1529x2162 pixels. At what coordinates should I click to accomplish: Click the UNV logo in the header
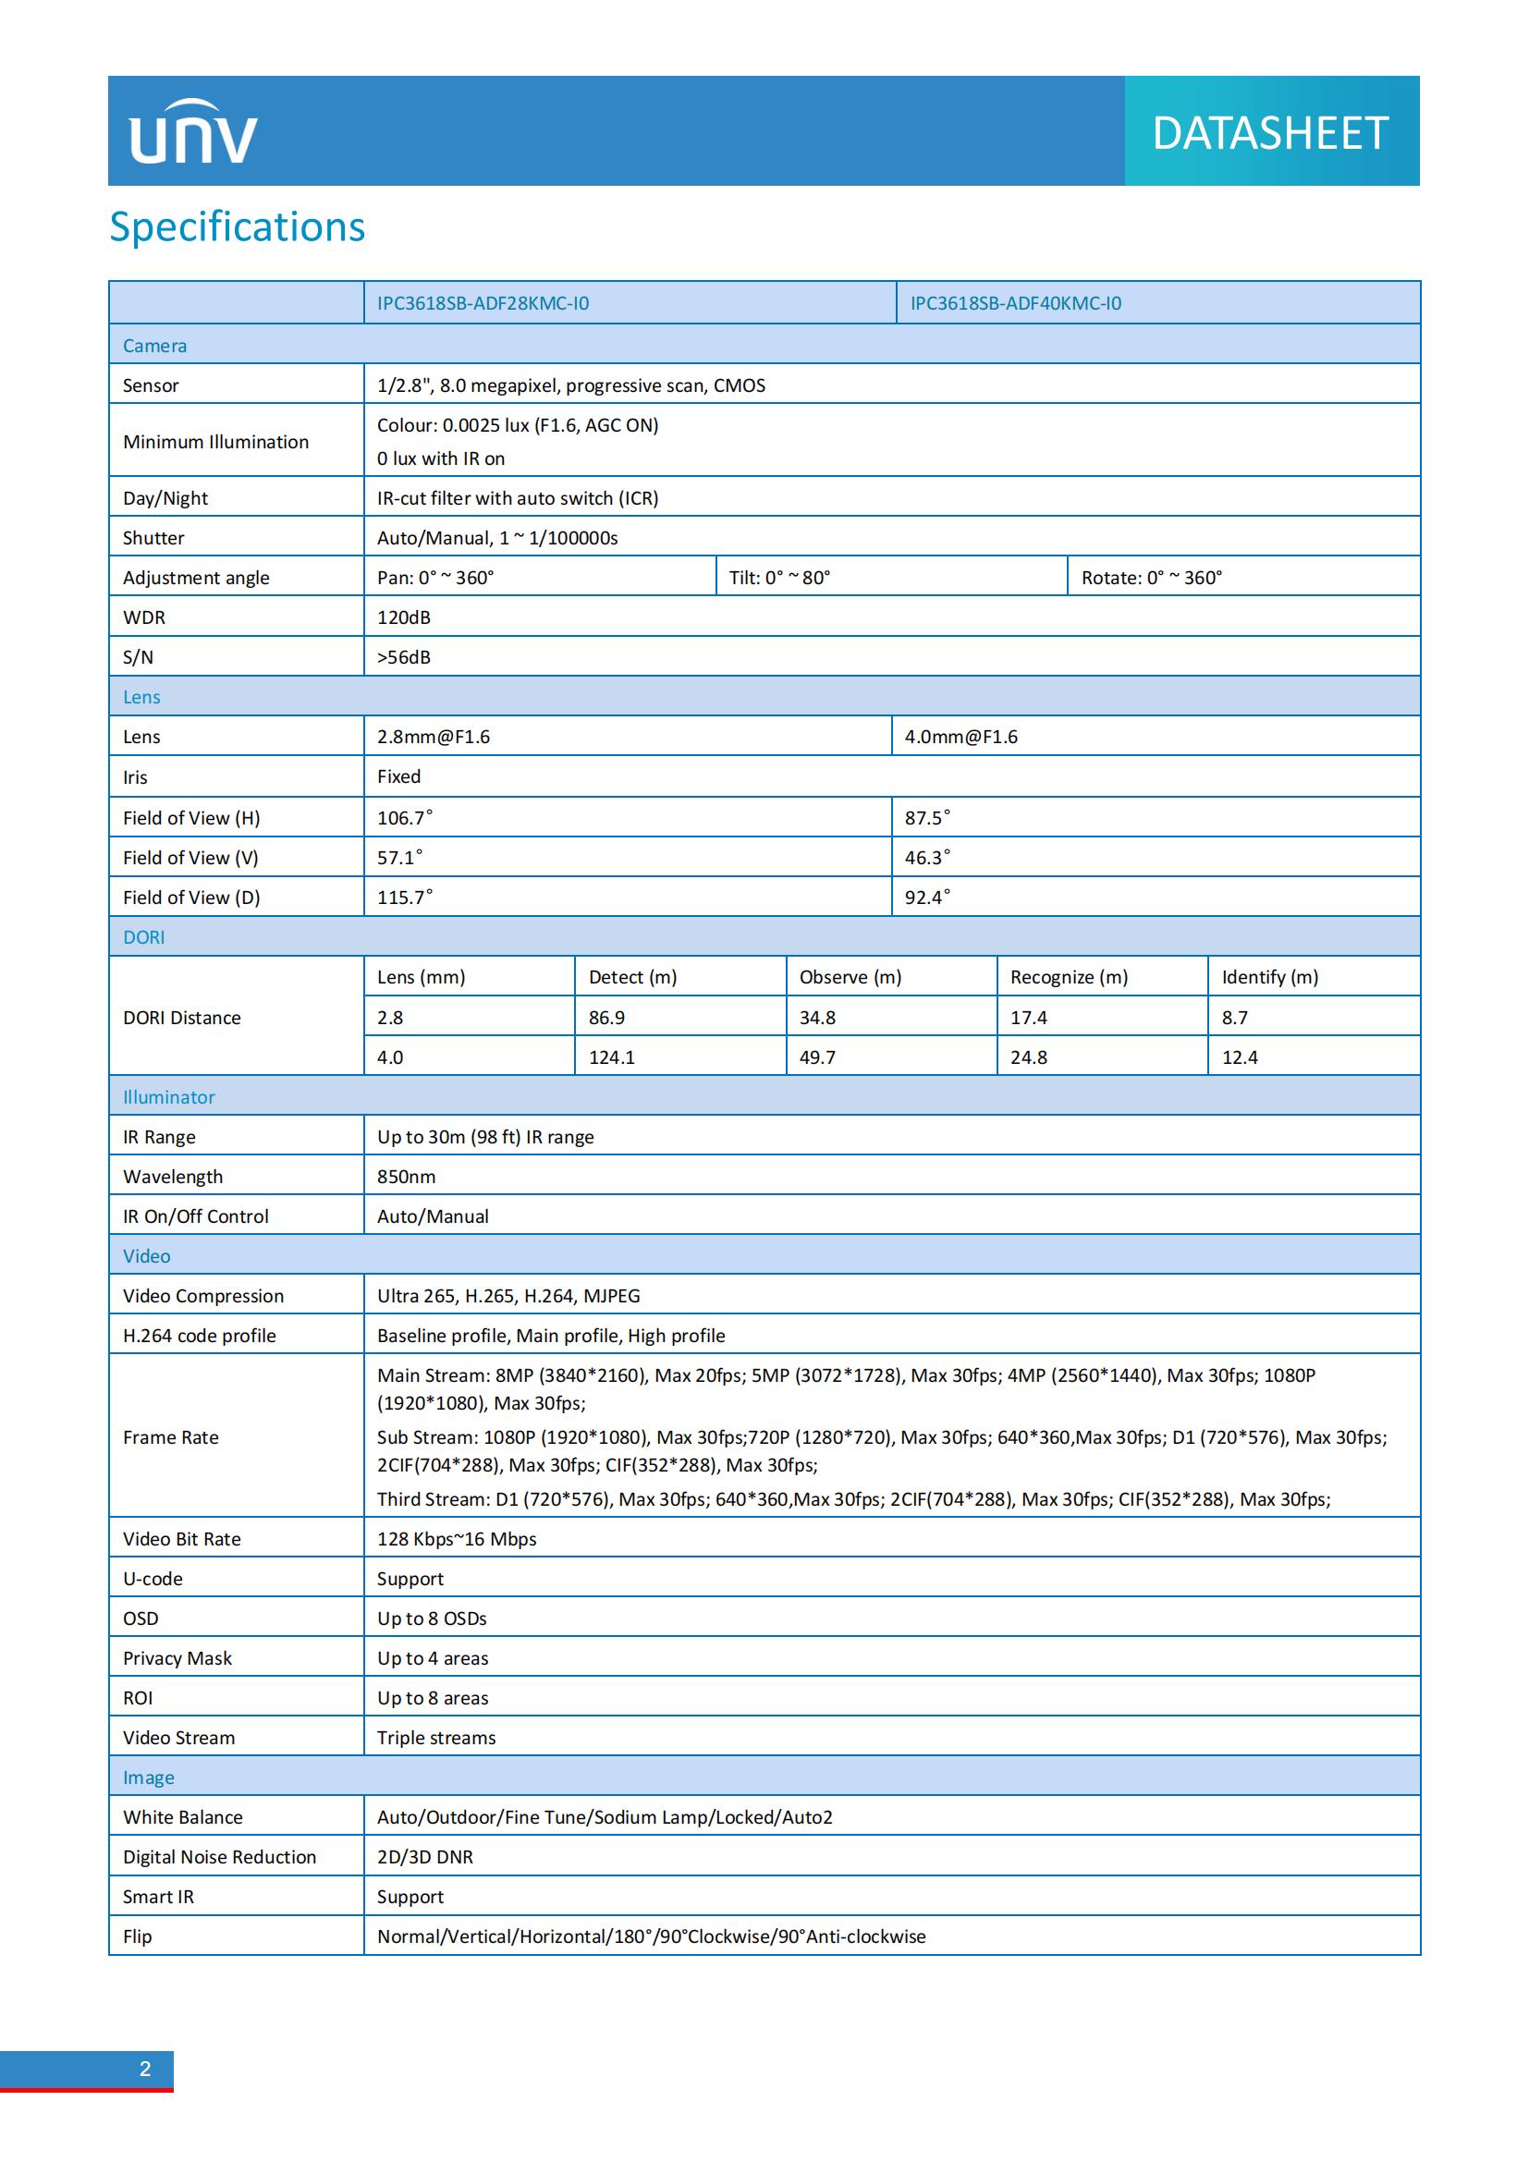click(193, 133)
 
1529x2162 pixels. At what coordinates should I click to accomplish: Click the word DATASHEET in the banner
click(1270, 133)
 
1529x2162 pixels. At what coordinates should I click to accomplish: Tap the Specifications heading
click(238, 227)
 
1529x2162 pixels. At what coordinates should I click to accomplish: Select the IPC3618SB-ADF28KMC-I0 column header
click(483, 303)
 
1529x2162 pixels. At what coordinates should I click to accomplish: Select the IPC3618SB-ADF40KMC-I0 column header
click(1015, 303)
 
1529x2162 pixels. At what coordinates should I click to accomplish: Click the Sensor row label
click(151, 385)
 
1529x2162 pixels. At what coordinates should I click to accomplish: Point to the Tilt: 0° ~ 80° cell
click(779, 577)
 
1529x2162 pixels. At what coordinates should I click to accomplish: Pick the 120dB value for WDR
click(404, 617)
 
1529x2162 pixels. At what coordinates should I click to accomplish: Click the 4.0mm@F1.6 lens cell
click(960, 737)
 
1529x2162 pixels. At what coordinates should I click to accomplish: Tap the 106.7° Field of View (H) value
click(405, 817)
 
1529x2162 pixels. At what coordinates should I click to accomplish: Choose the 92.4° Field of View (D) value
click(927, 897)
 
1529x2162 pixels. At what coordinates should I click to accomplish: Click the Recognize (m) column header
click(1069, 976)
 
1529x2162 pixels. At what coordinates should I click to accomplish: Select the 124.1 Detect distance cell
click(612, 1057)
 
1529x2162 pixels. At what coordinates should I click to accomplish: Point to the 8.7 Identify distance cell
click(1234, 1017)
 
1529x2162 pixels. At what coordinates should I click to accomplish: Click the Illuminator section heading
click(168, 1097)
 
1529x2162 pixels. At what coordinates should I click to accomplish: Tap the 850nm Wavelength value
click(406, 1176)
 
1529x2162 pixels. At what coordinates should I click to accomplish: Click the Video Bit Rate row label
click(182, 1539)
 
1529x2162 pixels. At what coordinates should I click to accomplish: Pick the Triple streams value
click(436, 1738)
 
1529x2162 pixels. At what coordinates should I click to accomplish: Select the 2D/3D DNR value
click(424, 1856)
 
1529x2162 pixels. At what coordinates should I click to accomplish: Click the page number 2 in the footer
click(145, 2069)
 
